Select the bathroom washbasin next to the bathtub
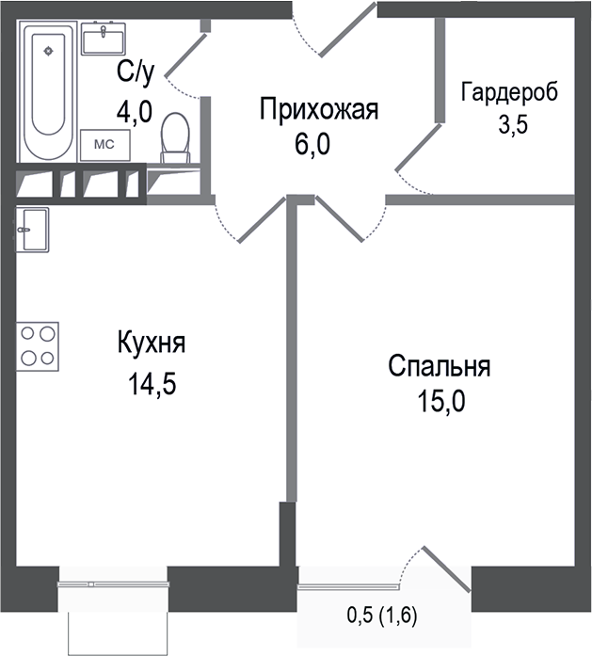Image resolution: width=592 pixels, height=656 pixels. [104, 40]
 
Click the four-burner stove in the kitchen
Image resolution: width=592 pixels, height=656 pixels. [37, 344]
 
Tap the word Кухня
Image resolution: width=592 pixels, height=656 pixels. [152, 343]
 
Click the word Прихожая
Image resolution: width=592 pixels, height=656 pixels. [319, 110]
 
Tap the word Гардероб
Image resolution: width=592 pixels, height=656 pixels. [508, 92]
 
